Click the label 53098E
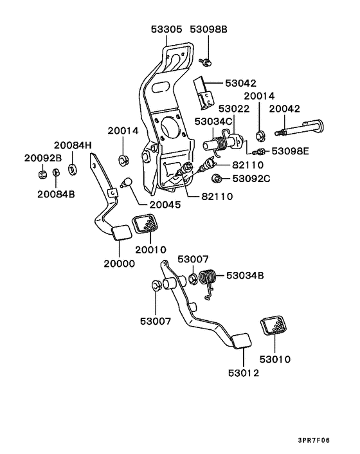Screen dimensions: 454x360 [291, 151]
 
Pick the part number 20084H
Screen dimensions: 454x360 [73, 145]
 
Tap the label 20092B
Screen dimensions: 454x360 [44, 158]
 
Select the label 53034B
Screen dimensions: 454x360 [245, 277]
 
